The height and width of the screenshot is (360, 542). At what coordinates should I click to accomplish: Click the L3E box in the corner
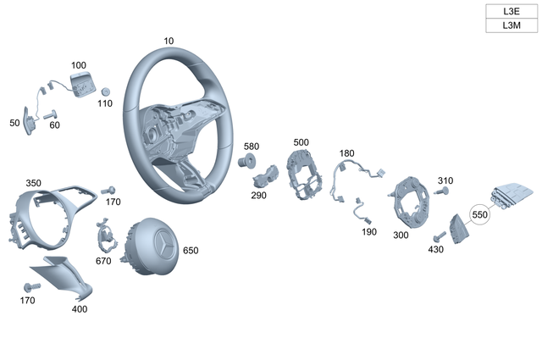pos(511,11)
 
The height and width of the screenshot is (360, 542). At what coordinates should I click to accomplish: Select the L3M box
pos(511,25)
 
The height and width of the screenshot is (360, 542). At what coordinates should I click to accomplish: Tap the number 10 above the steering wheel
pos(169,41)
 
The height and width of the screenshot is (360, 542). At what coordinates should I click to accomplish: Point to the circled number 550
pos(480,216)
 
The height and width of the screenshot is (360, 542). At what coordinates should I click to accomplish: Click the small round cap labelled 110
pos(106,91)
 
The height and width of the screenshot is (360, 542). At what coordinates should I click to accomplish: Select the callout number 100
pos(78,65)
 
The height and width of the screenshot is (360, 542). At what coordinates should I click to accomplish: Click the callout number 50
pos(14,124)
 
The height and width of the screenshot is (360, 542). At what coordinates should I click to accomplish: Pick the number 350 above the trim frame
pos(33,183)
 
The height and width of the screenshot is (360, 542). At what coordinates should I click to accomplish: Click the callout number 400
pos(80,309)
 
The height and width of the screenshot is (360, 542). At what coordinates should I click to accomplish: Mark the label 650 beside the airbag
pos(191,251)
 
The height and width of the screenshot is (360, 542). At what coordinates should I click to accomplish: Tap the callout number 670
pos(103,261)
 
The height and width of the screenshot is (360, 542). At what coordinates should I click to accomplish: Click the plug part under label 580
pos(251,162)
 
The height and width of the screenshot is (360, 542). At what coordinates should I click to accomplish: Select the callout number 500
pos(301,142)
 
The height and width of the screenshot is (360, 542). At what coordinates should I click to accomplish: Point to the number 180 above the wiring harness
pos(346,153)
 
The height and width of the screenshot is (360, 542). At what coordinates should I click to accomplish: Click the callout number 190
pos(369,231)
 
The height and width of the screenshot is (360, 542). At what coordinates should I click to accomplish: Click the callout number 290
pos(258,196)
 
